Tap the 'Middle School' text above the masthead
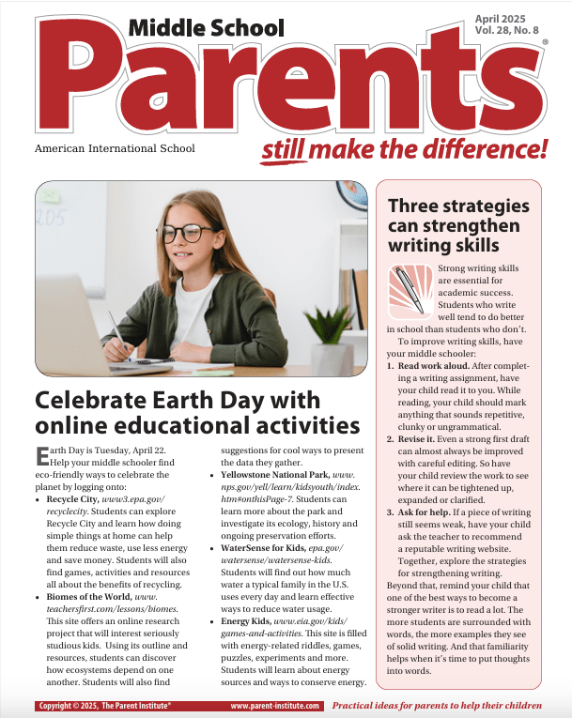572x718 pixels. (206, 27)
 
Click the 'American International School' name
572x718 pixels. (115, 148)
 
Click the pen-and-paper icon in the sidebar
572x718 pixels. (409, 289)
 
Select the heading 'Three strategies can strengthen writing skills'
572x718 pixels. (458, 225)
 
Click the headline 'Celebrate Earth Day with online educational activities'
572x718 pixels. (197, 413)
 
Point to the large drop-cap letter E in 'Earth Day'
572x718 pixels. (42, 457)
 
